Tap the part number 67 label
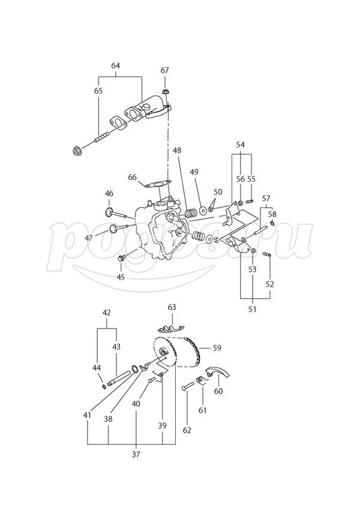[x=165, y=71]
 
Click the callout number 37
[x=136, y=454]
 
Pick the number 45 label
[x=121, y=276]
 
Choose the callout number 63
[x=172, y=308]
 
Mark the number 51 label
[x=253, y=309]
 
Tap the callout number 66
[x=133, y=177]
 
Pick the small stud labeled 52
[x=268, y=258]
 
